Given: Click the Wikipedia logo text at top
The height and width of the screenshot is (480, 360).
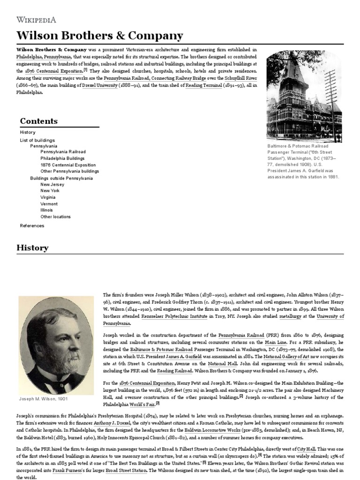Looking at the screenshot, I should [x=37, y=20].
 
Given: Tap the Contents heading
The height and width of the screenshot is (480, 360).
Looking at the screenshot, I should [x=39, y=121].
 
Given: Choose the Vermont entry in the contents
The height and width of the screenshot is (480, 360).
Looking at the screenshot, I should [x=49, y=204].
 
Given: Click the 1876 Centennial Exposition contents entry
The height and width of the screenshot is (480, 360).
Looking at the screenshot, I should [x=68, y=165].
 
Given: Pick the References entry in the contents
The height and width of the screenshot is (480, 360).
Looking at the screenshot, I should [x=32, y=225].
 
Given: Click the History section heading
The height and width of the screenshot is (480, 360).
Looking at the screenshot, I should [x=32, y=247].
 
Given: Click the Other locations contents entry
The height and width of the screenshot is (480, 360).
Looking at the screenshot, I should [x=55, y=217].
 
